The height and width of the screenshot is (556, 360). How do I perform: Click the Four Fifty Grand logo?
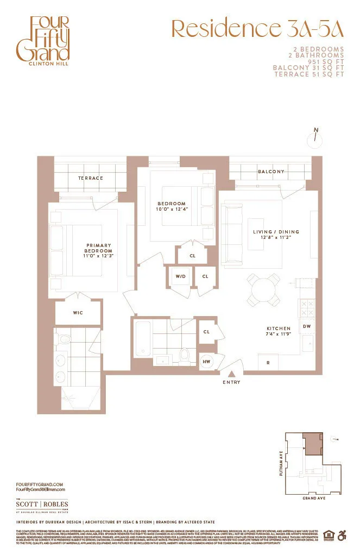pos(42,40)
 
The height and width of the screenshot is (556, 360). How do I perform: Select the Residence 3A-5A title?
pos(257,28)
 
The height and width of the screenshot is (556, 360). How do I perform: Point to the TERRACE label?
pos(90,178)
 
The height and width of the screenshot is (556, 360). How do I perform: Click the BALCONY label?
pos(271,172)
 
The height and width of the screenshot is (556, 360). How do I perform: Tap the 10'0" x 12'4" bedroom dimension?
pos(172,209)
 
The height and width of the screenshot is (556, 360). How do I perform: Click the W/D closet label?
pos(180,276)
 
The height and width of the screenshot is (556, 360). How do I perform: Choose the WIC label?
pos(78,313)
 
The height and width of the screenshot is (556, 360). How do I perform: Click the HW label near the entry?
pos(206,362)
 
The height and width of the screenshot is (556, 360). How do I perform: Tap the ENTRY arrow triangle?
pos(231,374)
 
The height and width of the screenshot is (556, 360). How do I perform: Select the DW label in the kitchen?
pos(306,326)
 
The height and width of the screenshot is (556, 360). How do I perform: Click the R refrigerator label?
pos(268,362)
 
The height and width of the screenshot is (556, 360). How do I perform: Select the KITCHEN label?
pos(278,328)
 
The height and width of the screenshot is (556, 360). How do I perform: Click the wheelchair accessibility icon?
pos(342,535)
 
